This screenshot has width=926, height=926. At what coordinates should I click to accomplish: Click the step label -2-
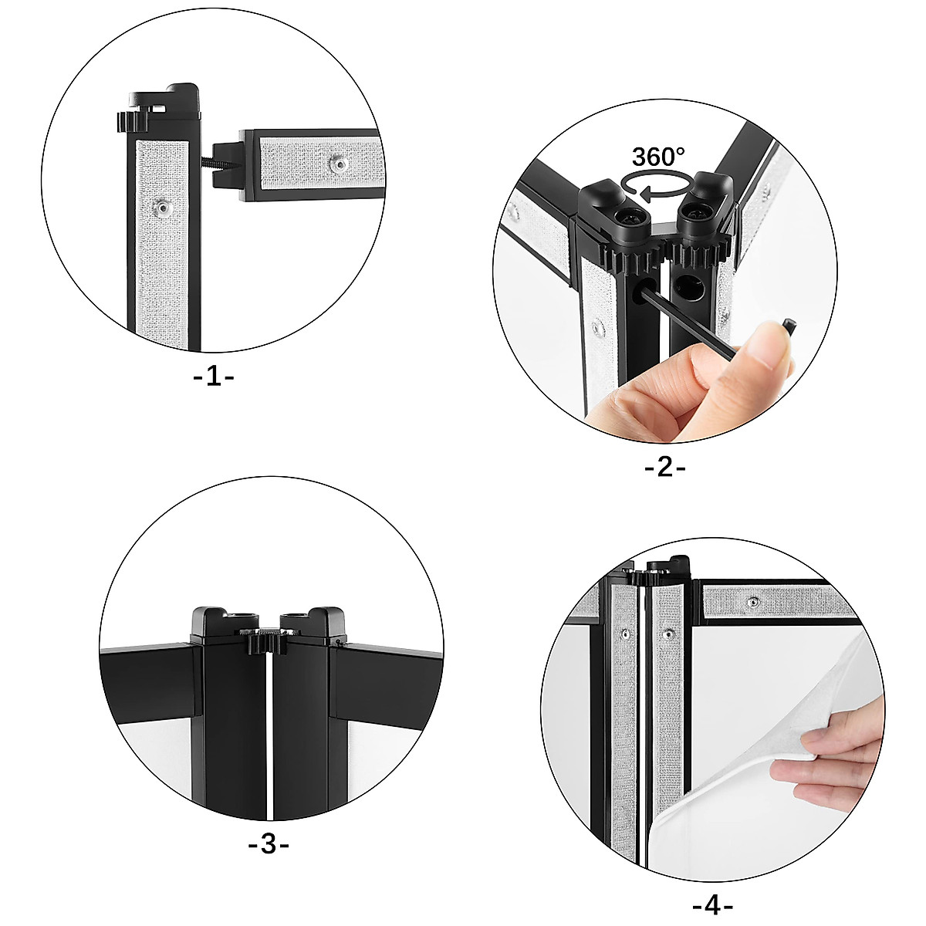[x=664, y=467]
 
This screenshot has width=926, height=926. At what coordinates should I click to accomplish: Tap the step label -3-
[x=268, y=845]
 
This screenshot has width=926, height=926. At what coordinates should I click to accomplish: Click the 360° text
[x=658, y=157]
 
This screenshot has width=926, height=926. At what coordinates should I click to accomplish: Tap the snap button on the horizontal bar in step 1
[x=336, y=163]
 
